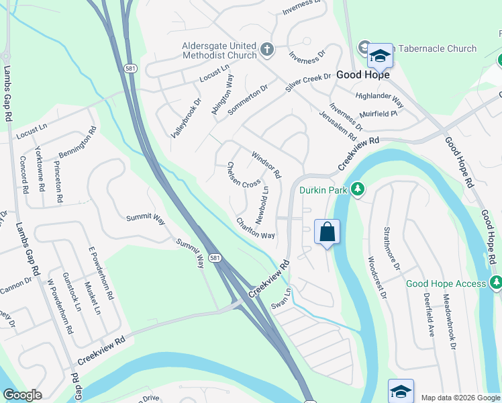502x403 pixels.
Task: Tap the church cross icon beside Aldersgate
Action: tap(266, 48)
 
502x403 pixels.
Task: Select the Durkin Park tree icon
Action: tap(358, 190)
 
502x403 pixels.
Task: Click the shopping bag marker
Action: tap(327, 232)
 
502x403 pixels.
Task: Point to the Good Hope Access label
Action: tap(446, 283)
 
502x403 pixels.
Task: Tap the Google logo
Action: tap(22, 395)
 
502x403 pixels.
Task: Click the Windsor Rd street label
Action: tap(266, 165)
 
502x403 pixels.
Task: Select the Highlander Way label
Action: tap(380, 99)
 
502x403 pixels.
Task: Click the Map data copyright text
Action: tap(460, 397)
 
